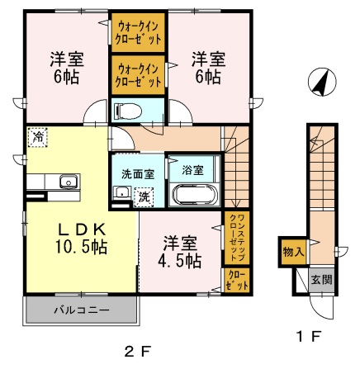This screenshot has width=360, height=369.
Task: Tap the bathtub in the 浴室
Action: pos(195,195)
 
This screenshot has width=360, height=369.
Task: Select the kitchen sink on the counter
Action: pos(69,182)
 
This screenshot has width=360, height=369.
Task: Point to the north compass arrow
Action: pos(322,82)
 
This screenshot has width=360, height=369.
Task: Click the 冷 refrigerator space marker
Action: pos(37,137)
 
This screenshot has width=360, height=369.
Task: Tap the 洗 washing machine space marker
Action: pos(144,197)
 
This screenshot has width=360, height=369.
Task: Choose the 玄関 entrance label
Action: pos(322,280)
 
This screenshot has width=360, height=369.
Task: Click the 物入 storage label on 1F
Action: pos(294,251)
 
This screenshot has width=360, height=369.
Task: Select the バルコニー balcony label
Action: pos(82,310)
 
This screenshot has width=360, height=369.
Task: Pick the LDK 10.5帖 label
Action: pos(81,239)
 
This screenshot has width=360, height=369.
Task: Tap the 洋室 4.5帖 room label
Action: pos(179,252)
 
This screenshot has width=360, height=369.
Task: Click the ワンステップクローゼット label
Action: pos(237,238)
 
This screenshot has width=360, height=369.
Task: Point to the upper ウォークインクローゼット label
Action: pos(138,33)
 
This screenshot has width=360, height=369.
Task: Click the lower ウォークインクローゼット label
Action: pos(138,75)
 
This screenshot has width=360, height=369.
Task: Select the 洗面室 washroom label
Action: pos(138,174)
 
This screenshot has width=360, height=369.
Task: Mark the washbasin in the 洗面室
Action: pos(122,192)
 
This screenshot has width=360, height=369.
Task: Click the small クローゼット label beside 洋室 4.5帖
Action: pos(237,281)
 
